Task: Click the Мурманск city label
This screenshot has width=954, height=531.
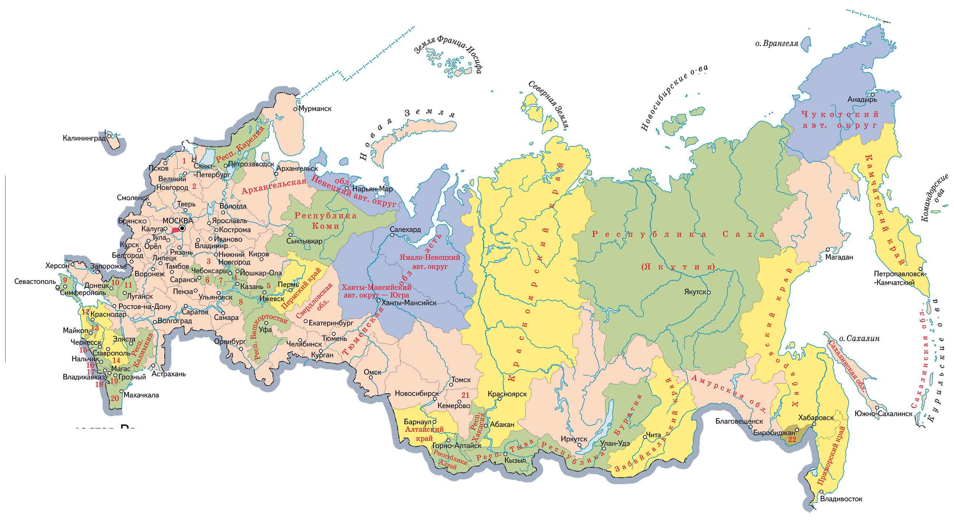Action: pyautogui.click(x=315, y=108)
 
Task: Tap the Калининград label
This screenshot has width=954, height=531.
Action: pyautogui.click(x=84, y=138)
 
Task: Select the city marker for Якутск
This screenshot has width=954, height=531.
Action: pyautogui.click(x=709, y=292)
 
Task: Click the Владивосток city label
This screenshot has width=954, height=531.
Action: pyautogui.click(x=841, y=499)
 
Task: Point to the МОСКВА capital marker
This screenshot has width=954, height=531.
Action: pyautogui.click(x=182, y=228)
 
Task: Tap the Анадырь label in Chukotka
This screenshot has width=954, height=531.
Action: pyautogui.click(x=862, y=99)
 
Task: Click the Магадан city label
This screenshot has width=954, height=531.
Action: pyautogui.click(x=839, y=257)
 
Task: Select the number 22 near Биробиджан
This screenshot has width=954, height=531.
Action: pyautogui.click(x=792, y=440)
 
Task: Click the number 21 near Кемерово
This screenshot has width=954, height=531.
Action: pyautogui.click(x=466, y=395)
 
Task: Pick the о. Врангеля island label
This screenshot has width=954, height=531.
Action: pyautogui.click(x=777, y=43)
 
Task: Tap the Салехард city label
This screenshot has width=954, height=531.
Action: pyautogui.click(x=405, y=229)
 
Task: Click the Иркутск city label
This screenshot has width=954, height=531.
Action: pyautogui.click(x=574, y=439)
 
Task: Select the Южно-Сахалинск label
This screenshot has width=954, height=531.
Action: pyautogui.click(x=883, y=414)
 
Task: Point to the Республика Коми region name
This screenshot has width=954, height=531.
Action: pyautogui.click(x=325, y=221)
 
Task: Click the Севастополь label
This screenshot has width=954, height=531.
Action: pyautogui.click(x=35, y=282)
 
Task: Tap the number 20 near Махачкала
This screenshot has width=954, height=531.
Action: pyautogui.click(x=115, y=398)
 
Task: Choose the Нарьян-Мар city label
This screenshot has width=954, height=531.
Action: pyautogui.click(x=372, y=189)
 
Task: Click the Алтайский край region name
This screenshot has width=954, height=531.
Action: pyautogui.click(x=424, y=434)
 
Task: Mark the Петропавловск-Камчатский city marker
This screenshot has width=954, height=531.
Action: pyautogui.click(x=920, y=269)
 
